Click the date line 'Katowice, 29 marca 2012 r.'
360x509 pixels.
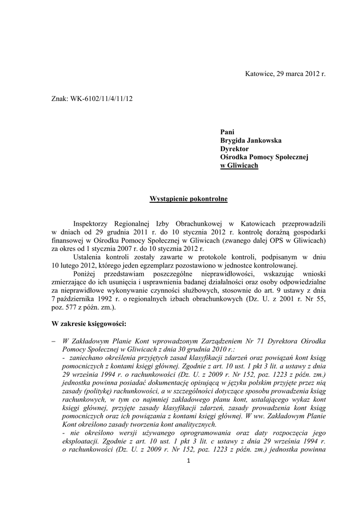coord(285,74)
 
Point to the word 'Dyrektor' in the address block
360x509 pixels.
coord(234,149)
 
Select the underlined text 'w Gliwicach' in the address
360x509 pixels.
coord(239,166)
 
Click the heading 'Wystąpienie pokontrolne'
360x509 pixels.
coord(188,199)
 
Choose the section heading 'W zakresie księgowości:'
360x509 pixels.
coord(89,324)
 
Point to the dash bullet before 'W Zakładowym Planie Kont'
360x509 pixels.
coord(54,341)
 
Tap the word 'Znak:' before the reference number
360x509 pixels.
coord(60,98)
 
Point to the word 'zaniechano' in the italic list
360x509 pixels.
coord(86,358)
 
